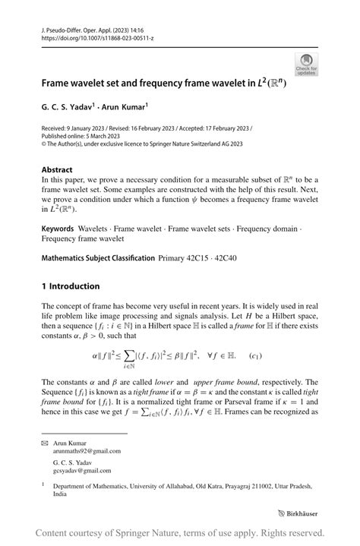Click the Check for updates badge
point(308,65)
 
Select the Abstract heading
point(58,170)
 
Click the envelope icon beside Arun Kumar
point(46,441)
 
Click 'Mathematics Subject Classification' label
point(99,258)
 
